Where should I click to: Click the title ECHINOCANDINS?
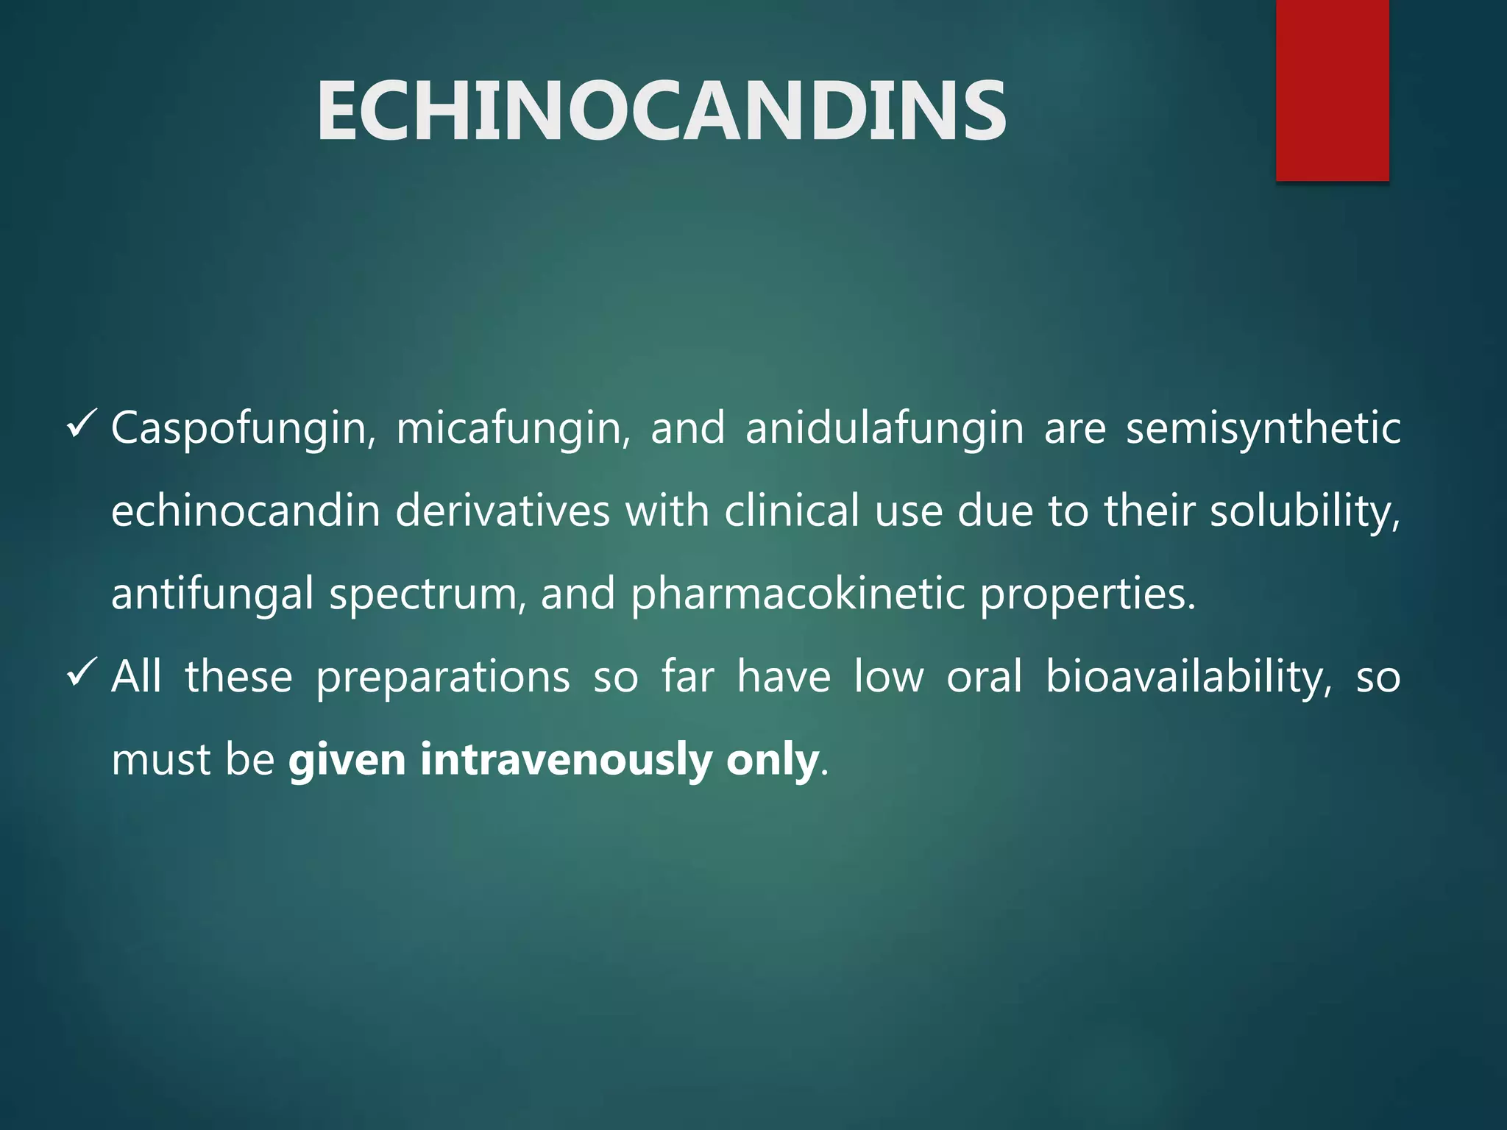[x=661, y=111]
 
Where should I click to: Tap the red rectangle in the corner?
[x=1332, y=90]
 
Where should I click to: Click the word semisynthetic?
[x=1263, y=429]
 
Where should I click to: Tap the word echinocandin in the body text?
[x=245, y=511]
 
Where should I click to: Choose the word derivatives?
[x=503, y=511]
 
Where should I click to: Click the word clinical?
[x=792, y=511]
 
